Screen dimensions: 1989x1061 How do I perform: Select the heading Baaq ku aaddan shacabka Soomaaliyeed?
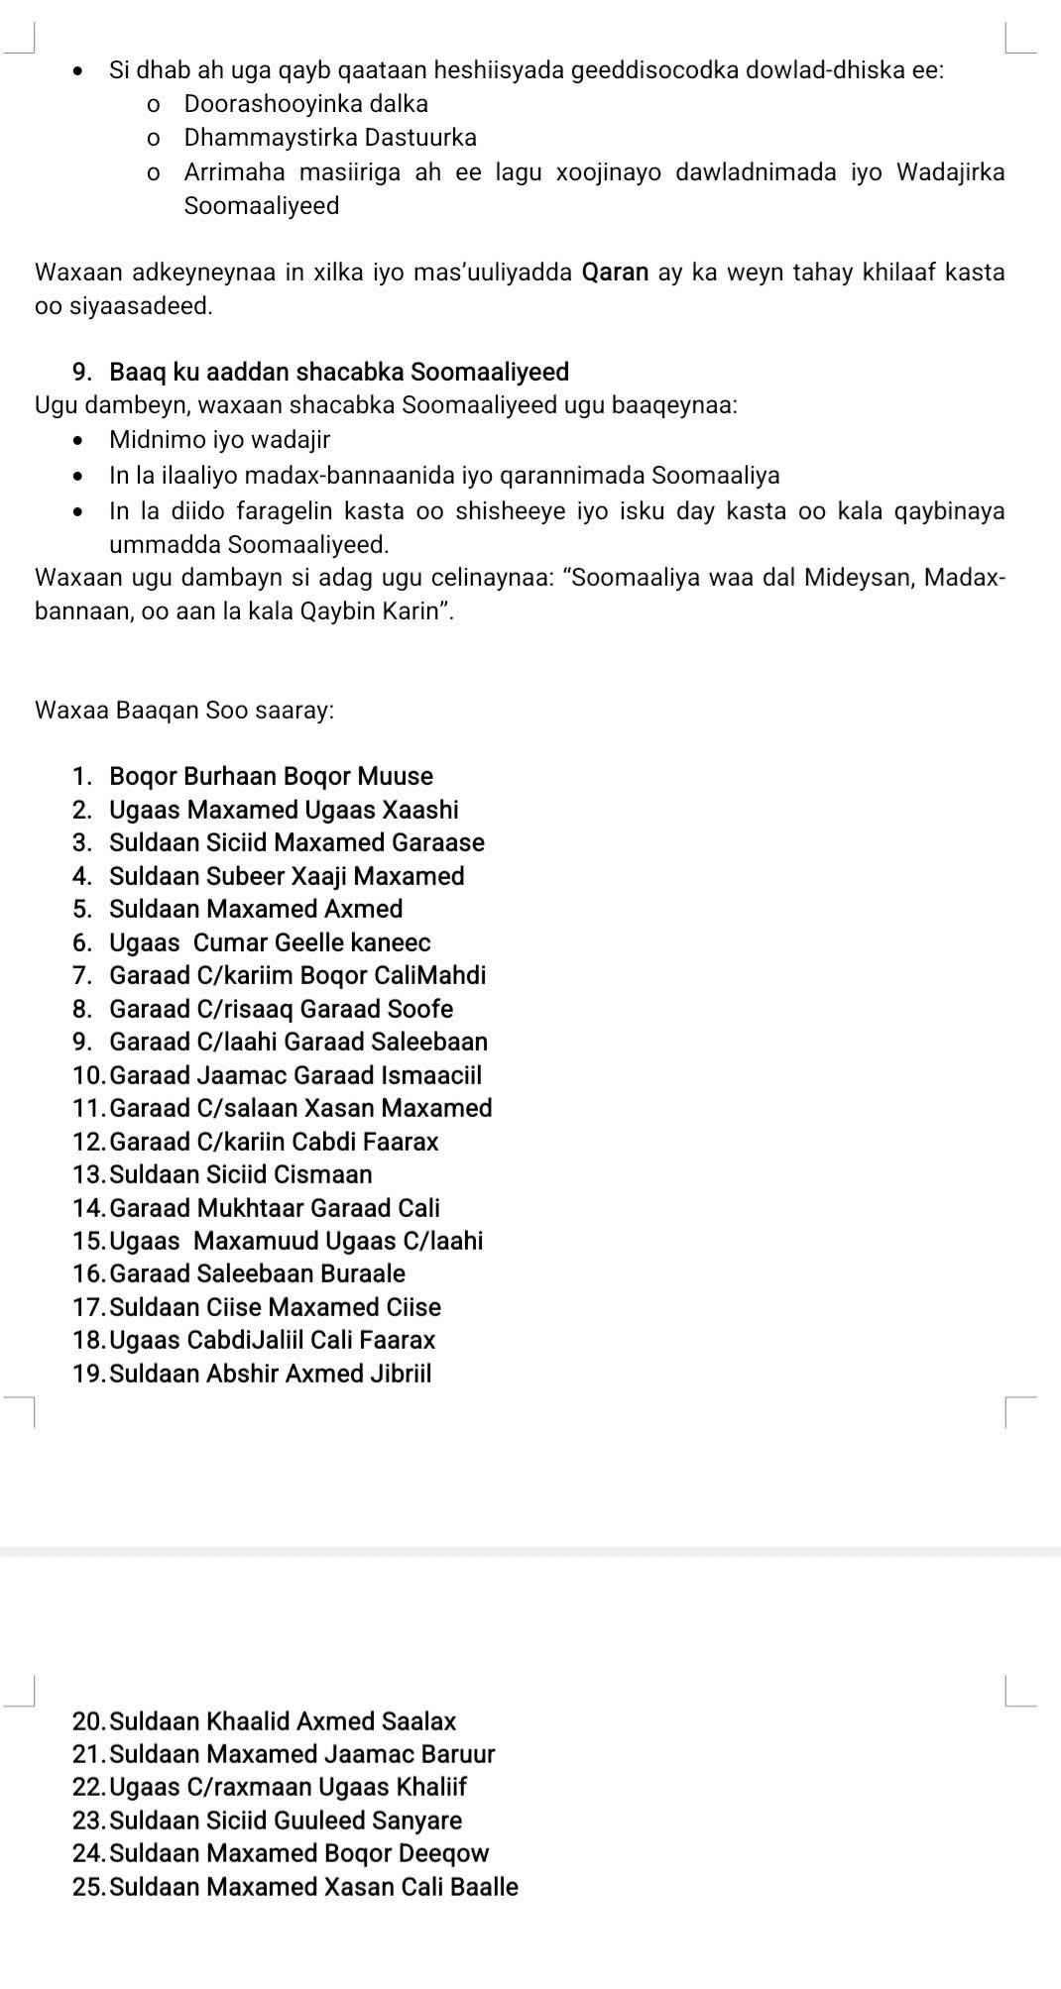pos(339,373)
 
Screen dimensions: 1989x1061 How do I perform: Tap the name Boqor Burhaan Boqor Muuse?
pos(271,776)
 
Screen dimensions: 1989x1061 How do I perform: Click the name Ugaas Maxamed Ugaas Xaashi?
pos(284,810)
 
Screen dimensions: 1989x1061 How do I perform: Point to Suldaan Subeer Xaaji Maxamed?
pos(287,876)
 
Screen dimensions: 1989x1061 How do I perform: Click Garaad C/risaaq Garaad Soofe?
pos(281,1009)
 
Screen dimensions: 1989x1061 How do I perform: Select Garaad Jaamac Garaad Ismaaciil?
pos(295,1075)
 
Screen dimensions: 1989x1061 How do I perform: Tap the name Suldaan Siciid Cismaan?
pos(241,1174)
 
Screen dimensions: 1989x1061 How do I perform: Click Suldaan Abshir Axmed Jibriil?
pos(271,1374)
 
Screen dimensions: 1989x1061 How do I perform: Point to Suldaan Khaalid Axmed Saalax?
pos(283,1721)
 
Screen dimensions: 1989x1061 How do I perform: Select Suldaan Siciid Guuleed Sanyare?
pos(286,1821)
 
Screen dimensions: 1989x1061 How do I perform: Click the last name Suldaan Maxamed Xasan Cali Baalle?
pos(313,1887)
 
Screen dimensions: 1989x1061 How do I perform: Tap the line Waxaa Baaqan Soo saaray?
pos(183,711)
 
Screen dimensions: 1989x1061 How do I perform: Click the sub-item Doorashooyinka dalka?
pos(305,104)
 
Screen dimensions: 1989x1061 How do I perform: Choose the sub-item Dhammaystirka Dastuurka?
pos(330,137)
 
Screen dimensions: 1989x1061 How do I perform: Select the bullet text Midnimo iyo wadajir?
pos(219,439)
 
